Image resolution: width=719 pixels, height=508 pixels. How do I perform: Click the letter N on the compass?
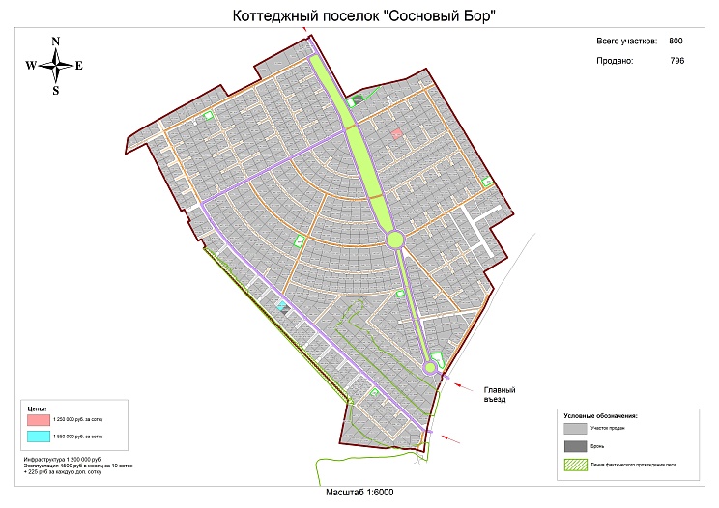tap(56, 41)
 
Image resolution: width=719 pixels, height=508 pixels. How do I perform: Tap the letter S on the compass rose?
tap(56, 91)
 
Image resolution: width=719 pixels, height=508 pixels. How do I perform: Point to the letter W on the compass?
tap(31, 66)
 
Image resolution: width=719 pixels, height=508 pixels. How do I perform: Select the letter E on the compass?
tap(79, 66)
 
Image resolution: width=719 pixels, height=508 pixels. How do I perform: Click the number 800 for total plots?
tap(676, 41)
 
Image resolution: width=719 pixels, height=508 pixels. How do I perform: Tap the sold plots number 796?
tap(676, 60)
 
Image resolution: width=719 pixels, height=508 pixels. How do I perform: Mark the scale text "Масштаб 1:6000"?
tap(359, 493)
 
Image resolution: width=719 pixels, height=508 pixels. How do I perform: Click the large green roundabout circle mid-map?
tap(394, 240)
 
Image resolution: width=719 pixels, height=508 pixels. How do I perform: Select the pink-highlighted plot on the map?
tap(396, 134)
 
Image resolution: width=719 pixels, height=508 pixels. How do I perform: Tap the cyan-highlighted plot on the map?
tap(282, 305)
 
